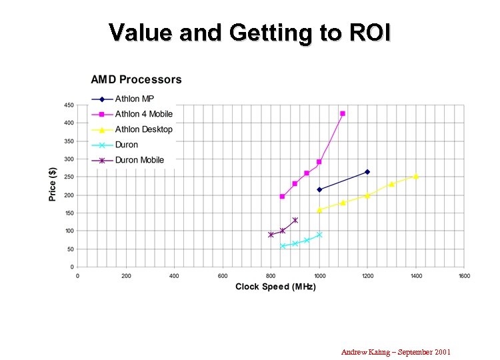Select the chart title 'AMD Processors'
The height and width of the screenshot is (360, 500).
point(136,80)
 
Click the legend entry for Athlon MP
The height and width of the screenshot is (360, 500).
point(134,99)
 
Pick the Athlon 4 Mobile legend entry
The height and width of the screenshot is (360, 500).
point(143,114)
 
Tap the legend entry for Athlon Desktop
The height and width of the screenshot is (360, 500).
point(143,129)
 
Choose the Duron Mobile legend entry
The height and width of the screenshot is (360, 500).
point(139,160)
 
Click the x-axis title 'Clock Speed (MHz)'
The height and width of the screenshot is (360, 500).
point(275,287)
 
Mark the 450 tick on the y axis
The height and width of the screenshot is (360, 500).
point(69,105)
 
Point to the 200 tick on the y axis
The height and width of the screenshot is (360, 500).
point(69,195)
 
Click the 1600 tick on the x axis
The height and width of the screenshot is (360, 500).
point(464,275)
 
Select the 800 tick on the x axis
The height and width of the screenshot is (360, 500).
point(271,275)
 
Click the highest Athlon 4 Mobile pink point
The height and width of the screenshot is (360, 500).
point(343,113)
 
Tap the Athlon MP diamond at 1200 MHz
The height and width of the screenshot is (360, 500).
point(367,172)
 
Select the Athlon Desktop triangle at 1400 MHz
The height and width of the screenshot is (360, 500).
point(415,177)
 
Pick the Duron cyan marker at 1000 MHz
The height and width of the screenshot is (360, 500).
point(319,235)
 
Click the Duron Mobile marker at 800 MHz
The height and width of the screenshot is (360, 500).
point(271,235)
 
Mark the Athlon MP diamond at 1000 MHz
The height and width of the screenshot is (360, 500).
point(319,189)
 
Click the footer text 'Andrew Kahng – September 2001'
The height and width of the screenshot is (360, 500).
point(396,351)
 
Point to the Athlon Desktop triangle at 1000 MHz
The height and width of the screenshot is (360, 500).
point(319,210)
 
